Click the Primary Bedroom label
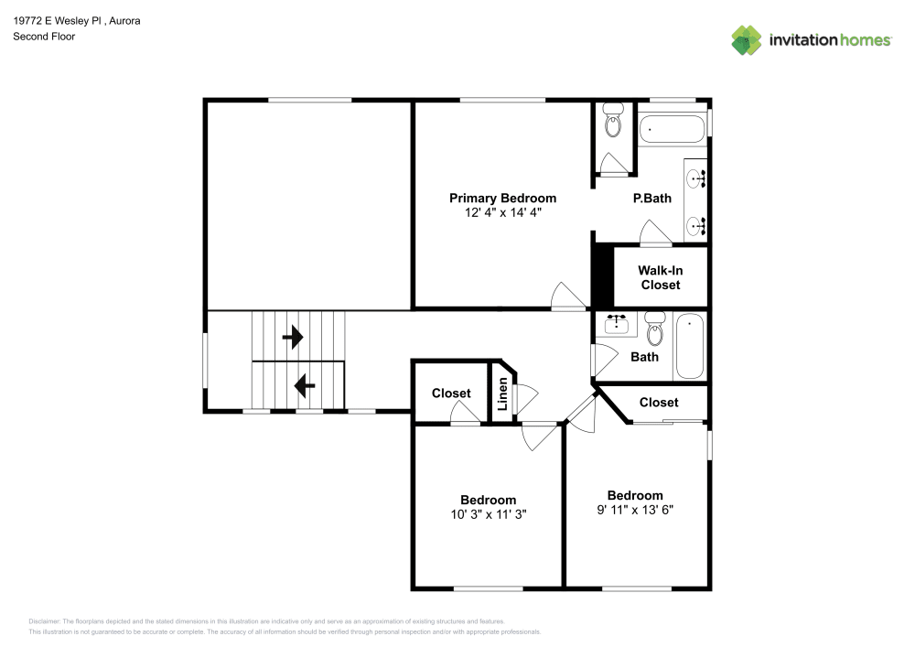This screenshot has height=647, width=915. point(502,199)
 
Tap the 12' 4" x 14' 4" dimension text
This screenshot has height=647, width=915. point(503,212)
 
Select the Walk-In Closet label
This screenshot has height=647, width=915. point(660,277)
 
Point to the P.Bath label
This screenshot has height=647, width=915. point(651,199)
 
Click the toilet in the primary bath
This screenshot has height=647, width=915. point(613,120)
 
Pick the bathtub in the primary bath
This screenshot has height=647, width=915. point(673,129)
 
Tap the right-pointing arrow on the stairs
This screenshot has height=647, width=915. point(293,337)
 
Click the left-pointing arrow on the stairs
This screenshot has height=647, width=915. point(305,385)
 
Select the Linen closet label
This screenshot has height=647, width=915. point(502,394)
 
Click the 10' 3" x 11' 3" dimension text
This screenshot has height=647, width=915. point(489,514)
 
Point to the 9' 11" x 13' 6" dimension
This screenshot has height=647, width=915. point(635,510)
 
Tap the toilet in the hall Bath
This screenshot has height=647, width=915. point(655,329)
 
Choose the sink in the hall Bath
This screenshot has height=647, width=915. point(616,324)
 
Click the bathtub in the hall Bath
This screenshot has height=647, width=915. point(690,346)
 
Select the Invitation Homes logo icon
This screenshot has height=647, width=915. point(747,40)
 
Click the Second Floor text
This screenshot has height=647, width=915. point(44,37)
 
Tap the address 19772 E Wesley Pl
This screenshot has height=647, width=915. point(58,20)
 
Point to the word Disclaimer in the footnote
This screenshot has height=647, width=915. point(44,621)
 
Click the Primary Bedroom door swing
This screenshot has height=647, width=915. point(569,296)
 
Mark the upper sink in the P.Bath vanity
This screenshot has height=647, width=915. point(695,178)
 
